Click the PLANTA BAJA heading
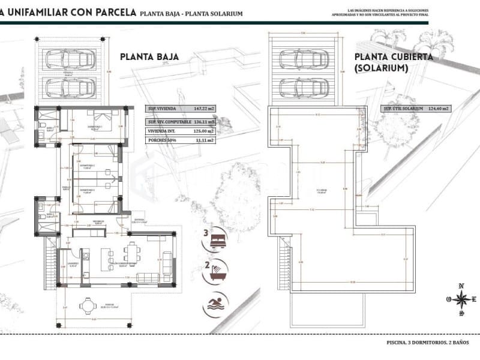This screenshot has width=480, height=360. pyautogui.click(x=149, y=57)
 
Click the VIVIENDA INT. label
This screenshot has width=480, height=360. pyautogui.click(x=162, y=130)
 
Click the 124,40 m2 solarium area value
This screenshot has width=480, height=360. pyautogui.click(x=439, y=109)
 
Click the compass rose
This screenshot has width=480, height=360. pyautogui.click(x=461, y=299)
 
